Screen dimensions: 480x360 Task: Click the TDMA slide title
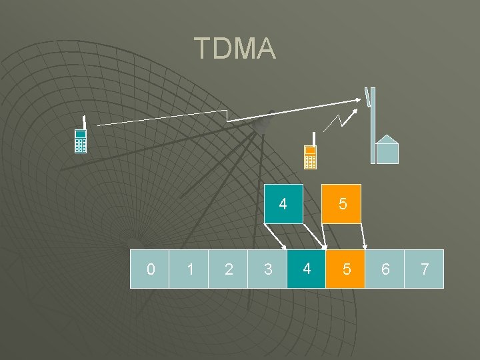click(x=235, y=49)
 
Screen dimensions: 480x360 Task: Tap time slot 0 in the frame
click(x=149, y=269)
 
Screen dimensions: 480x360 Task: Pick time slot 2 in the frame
click(x=228, y=269)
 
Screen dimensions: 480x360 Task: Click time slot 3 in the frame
click(x=267, y=269)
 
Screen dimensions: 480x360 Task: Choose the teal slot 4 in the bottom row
click(x=306, y=269)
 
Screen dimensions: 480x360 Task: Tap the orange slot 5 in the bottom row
click(x=345, y=269)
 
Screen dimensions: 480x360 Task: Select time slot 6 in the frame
click(x=385, y=269)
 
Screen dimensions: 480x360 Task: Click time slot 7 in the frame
click(x=424, y=269)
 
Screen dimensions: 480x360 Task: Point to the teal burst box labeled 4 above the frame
click(x=283, y=203)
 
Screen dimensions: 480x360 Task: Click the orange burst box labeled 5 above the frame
click(x=342, y=203)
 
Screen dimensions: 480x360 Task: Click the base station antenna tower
click(x=373, y=127)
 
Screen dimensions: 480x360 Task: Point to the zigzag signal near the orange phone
click(x=337, y=121)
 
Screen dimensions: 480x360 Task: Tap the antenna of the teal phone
click(x=84, y=123)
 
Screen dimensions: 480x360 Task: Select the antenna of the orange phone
click(x=313, y=139)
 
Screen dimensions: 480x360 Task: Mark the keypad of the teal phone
click(x=81, y=145)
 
